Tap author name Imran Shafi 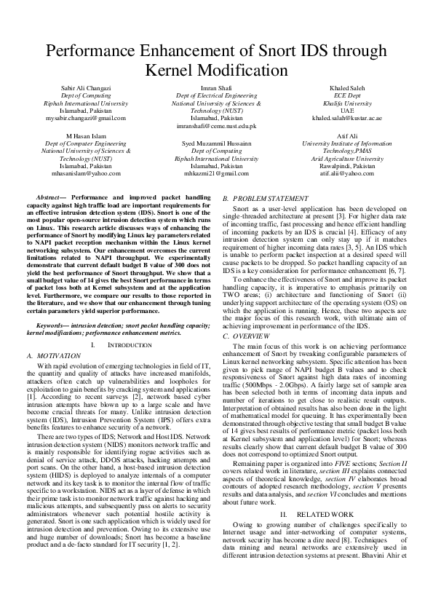click(217, 87)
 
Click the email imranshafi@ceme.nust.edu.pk click(217, 125)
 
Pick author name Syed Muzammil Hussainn click(217, 144)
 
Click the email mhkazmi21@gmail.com click(217, 174)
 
